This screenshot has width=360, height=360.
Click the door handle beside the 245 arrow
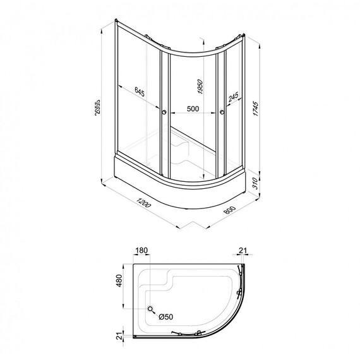[x=222, y=112]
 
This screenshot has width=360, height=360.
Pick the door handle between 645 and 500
[x=165, y=112]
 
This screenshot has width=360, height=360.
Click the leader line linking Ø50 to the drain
[x=155, y=314]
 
